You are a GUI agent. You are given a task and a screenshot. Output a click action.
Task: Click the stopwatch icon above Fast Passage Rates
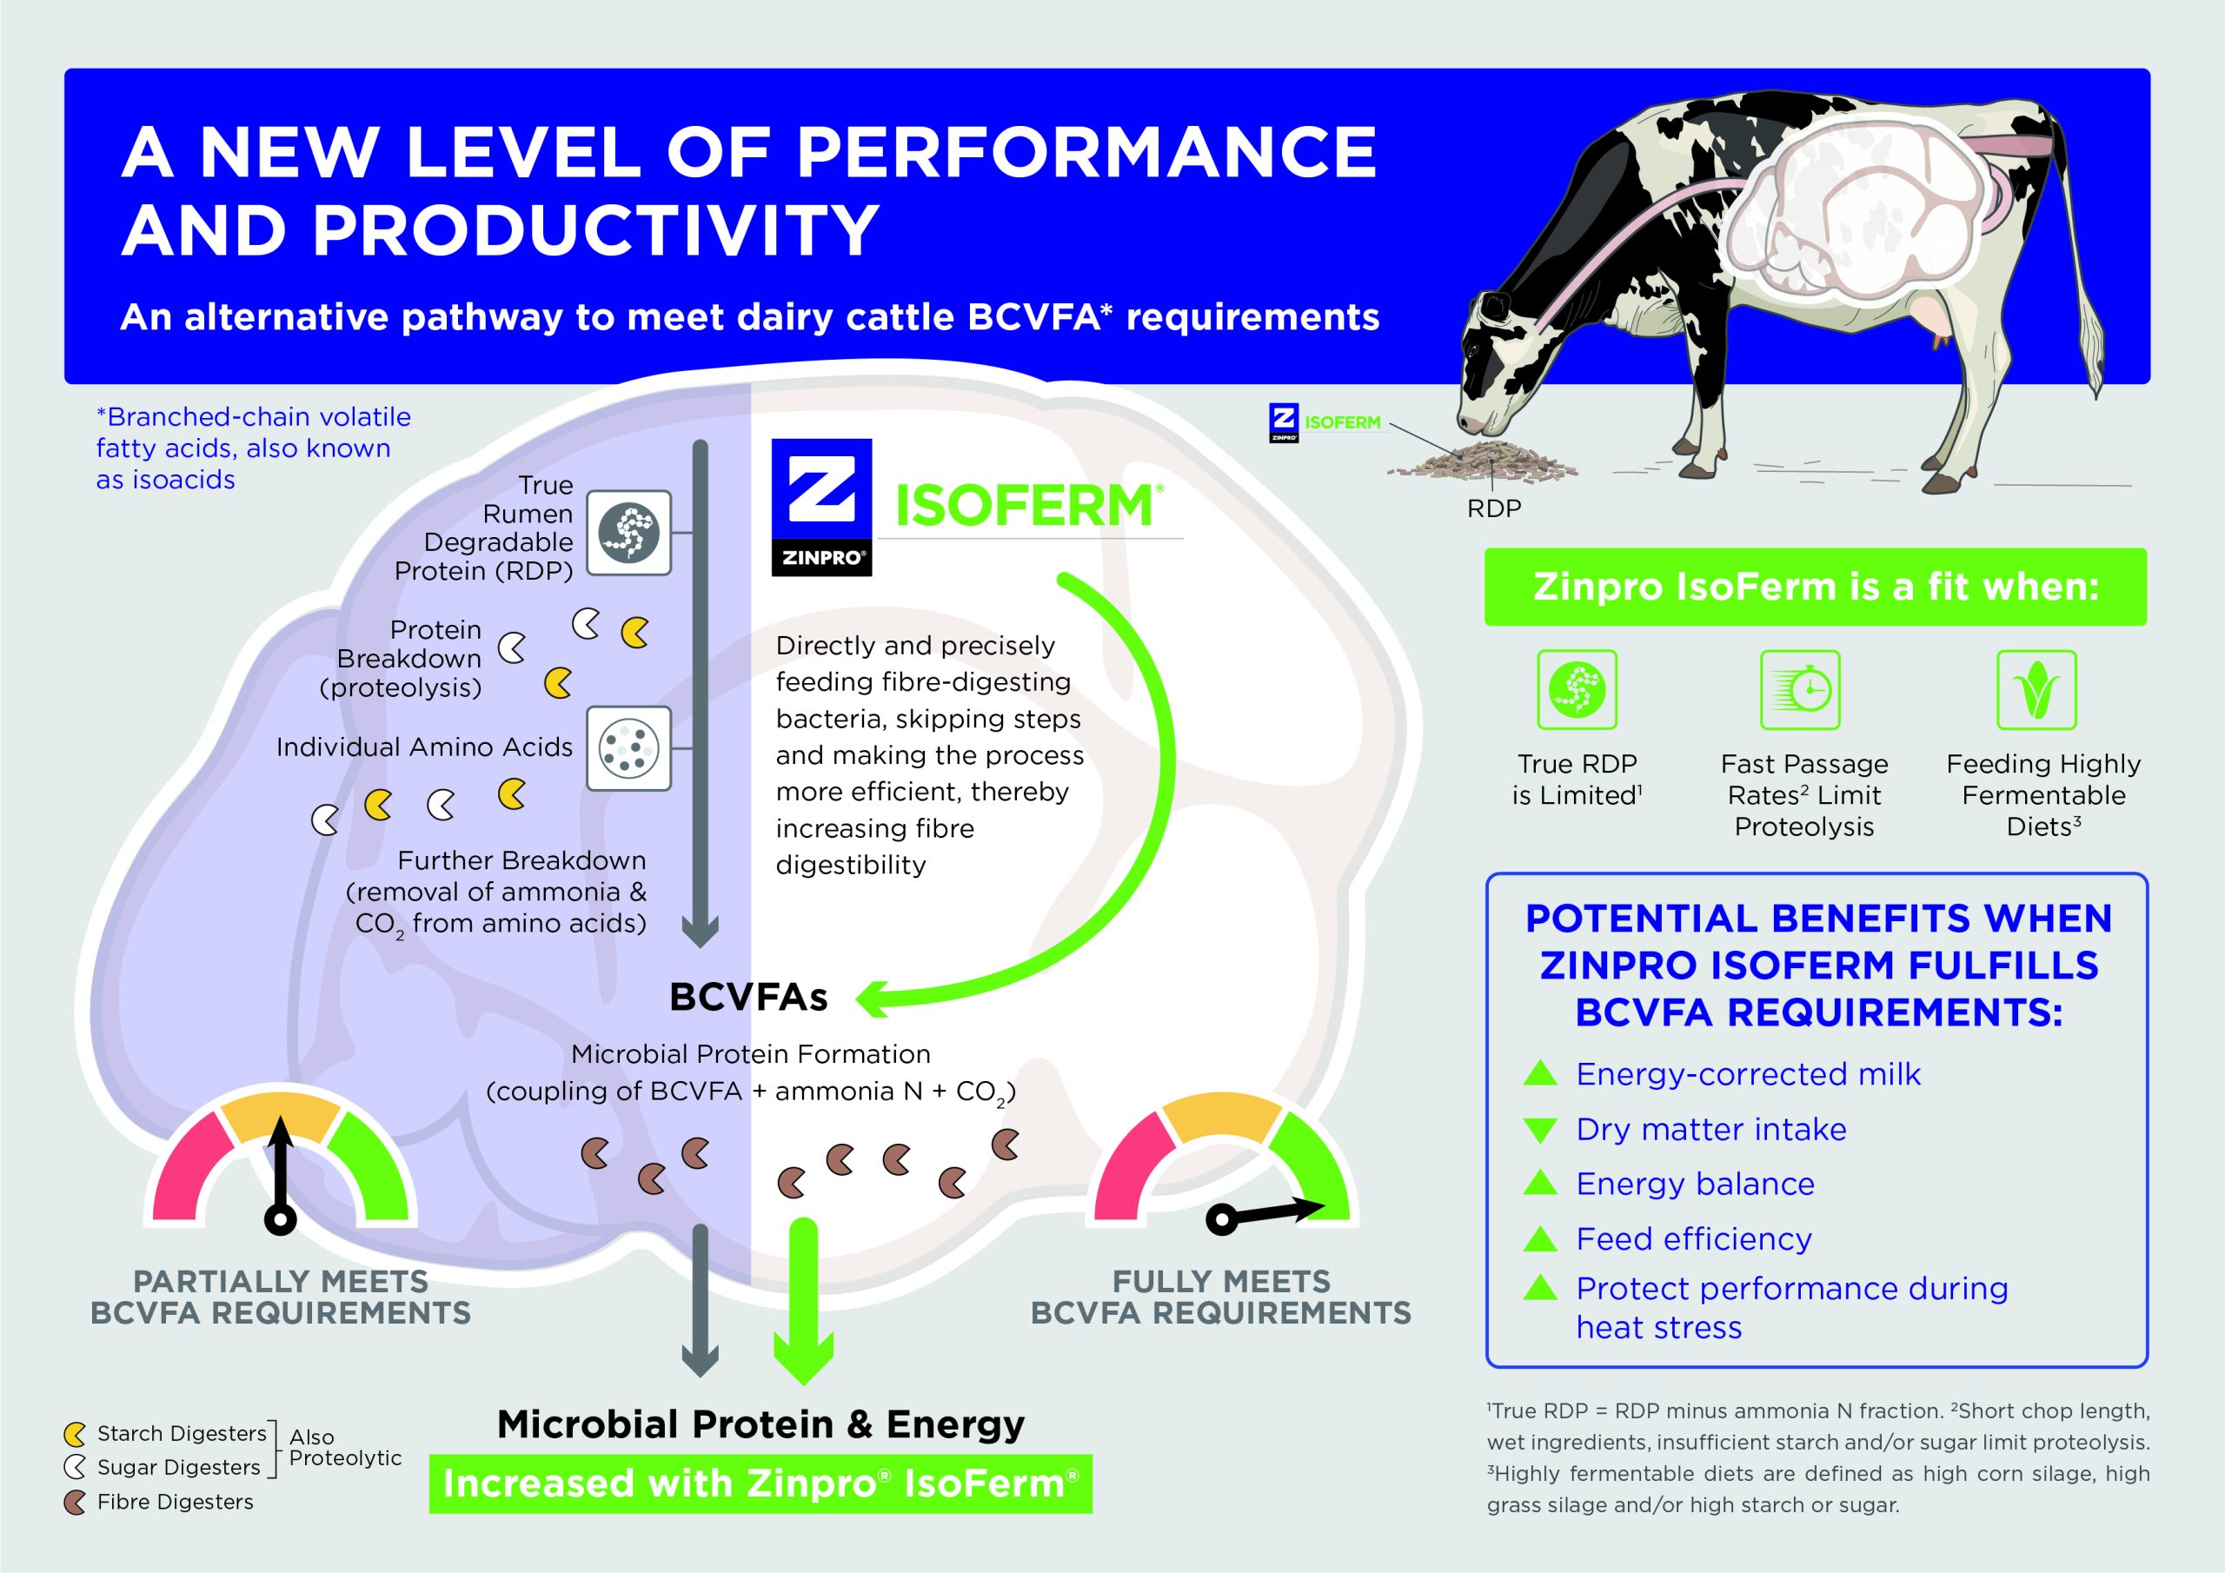click(x=1800, y=689)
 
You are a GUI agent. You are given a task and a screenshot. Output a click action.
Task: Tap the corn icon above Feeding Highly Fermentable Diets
click(x=2036, y=689)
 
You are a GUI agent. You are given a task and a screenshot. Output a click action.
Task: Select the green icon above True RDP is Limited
click(x=1577, y=689)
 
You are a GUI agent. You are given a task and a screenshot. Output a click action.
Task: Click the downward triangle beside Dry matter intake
click(x=1540, y=1130)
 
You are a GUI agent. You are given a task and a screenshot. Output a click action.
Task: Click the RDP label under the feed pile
click(x=1493, y=508)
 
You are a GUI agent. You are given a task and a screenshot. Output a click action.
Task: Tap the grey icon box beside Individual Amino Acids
click(x=629, y=748)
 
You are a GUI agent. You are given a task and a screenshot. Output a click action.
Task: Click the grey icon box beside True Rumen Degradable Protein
click(x=629, y=533)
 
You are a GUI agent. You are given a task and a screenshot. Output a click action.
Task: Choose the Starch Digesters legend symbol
click(x=75, y=1433)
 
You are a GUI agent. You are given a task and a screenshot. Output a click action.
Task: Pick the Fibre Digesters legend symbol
click(x=75, y=1503)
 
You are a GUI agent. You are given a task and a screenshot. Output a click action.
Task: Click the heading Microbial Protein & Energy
click(x=760, y=1424)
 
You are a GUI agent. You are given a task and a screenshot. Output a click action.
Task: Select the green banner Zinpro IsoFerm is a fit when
click(x=1815, y=587)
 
